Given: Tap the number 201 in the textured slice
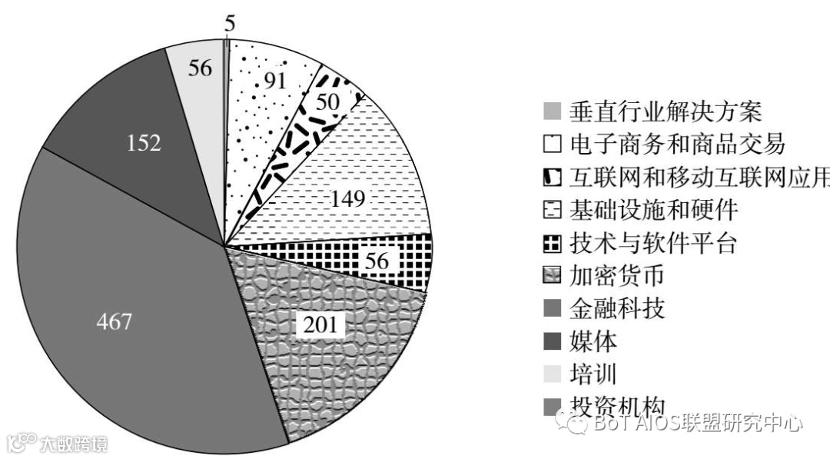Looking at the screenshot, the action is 320,324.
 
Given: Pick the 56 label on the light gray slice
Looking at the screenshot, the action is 201,68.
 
